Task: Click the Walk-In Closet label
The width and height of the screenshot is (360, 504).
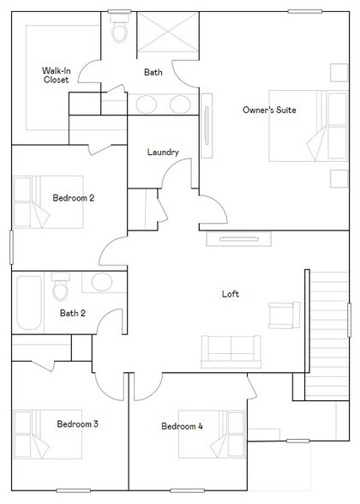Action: [x=57, y=75]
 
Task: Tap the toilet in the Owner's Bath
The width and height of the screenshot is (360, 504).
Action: [x=119, y=28]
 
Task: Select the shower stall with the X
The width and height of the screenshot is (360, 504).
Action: [x=168, y=33]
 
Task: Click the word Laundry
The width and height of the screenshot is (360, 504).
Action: [x=163, y=152]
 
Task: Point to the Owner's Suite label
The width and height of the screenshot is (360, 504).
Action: [x=269, y=110]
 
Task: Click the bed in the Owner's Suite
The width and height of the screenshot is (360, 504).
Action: [x=309, y=126]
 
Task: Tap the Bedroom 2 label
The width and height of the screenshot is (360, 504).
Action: [x=74, y=198]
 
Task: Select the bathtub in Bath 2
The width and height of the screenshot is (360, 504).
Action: [x=29, y=303]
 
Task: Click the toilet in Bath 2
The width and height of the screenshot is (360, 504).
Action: [x=60, y=286]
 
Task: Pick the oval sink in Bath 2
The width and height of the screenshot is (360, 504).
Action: [x=102, y=282]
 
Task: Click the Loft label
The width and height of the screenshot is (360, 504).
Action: [x=231, y=294]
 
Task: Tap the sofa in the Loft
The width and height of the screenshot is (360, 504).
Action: [x=231, y=351]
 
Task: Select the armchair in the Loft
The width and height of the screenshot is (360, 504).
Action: [x=285, y=315]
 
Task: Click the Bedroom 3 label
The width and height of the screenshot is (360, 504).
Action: [x=77, y=424]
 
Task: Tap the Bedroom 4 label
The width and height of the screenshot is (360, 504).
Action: [x=183, y=426]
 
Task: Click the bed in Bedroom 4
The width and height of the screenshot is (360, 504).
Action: [x=213, y=435]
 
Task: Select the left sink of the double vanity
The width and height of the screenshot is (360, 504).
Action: [x=147, y=105]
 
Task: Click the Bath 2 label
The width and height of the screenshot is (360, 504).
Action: [x=73, y=313]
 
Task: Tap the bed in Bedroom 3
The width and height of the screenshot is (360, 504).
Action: [x=48, y=434]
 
